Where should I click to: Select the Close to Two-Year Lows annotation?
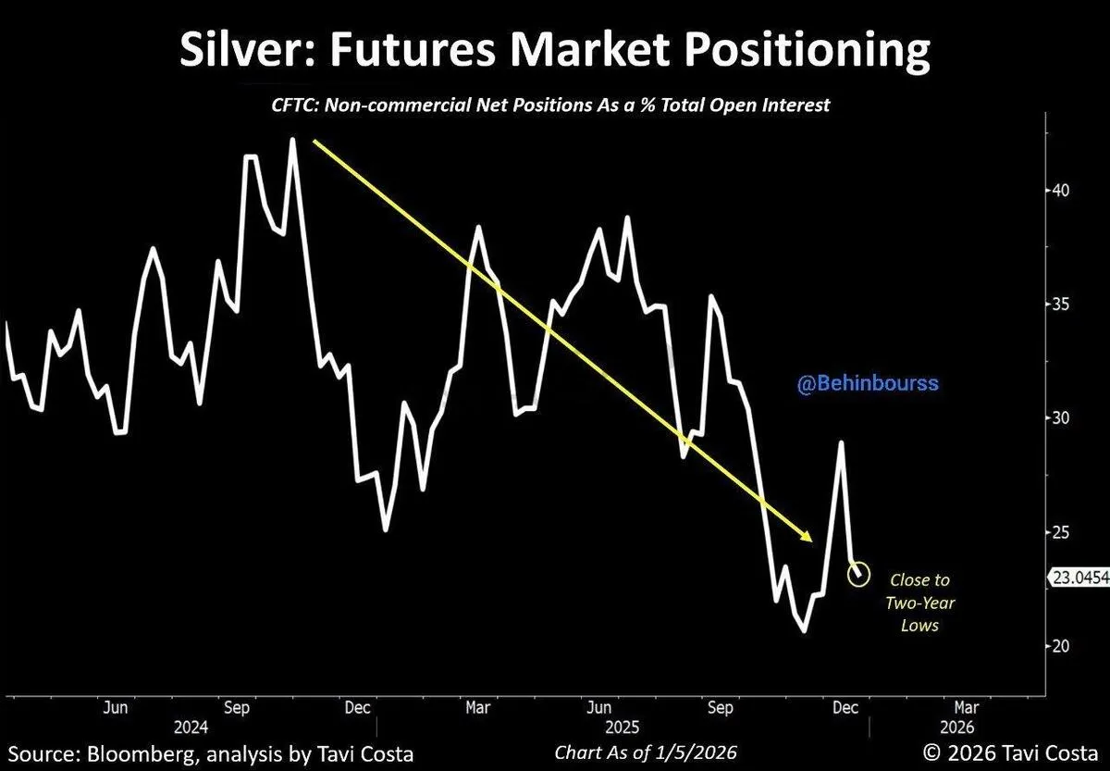[919, 603]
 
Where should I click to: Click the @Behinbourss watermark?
[867, 383]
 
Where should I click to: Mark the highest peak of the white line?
[292, 140]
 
